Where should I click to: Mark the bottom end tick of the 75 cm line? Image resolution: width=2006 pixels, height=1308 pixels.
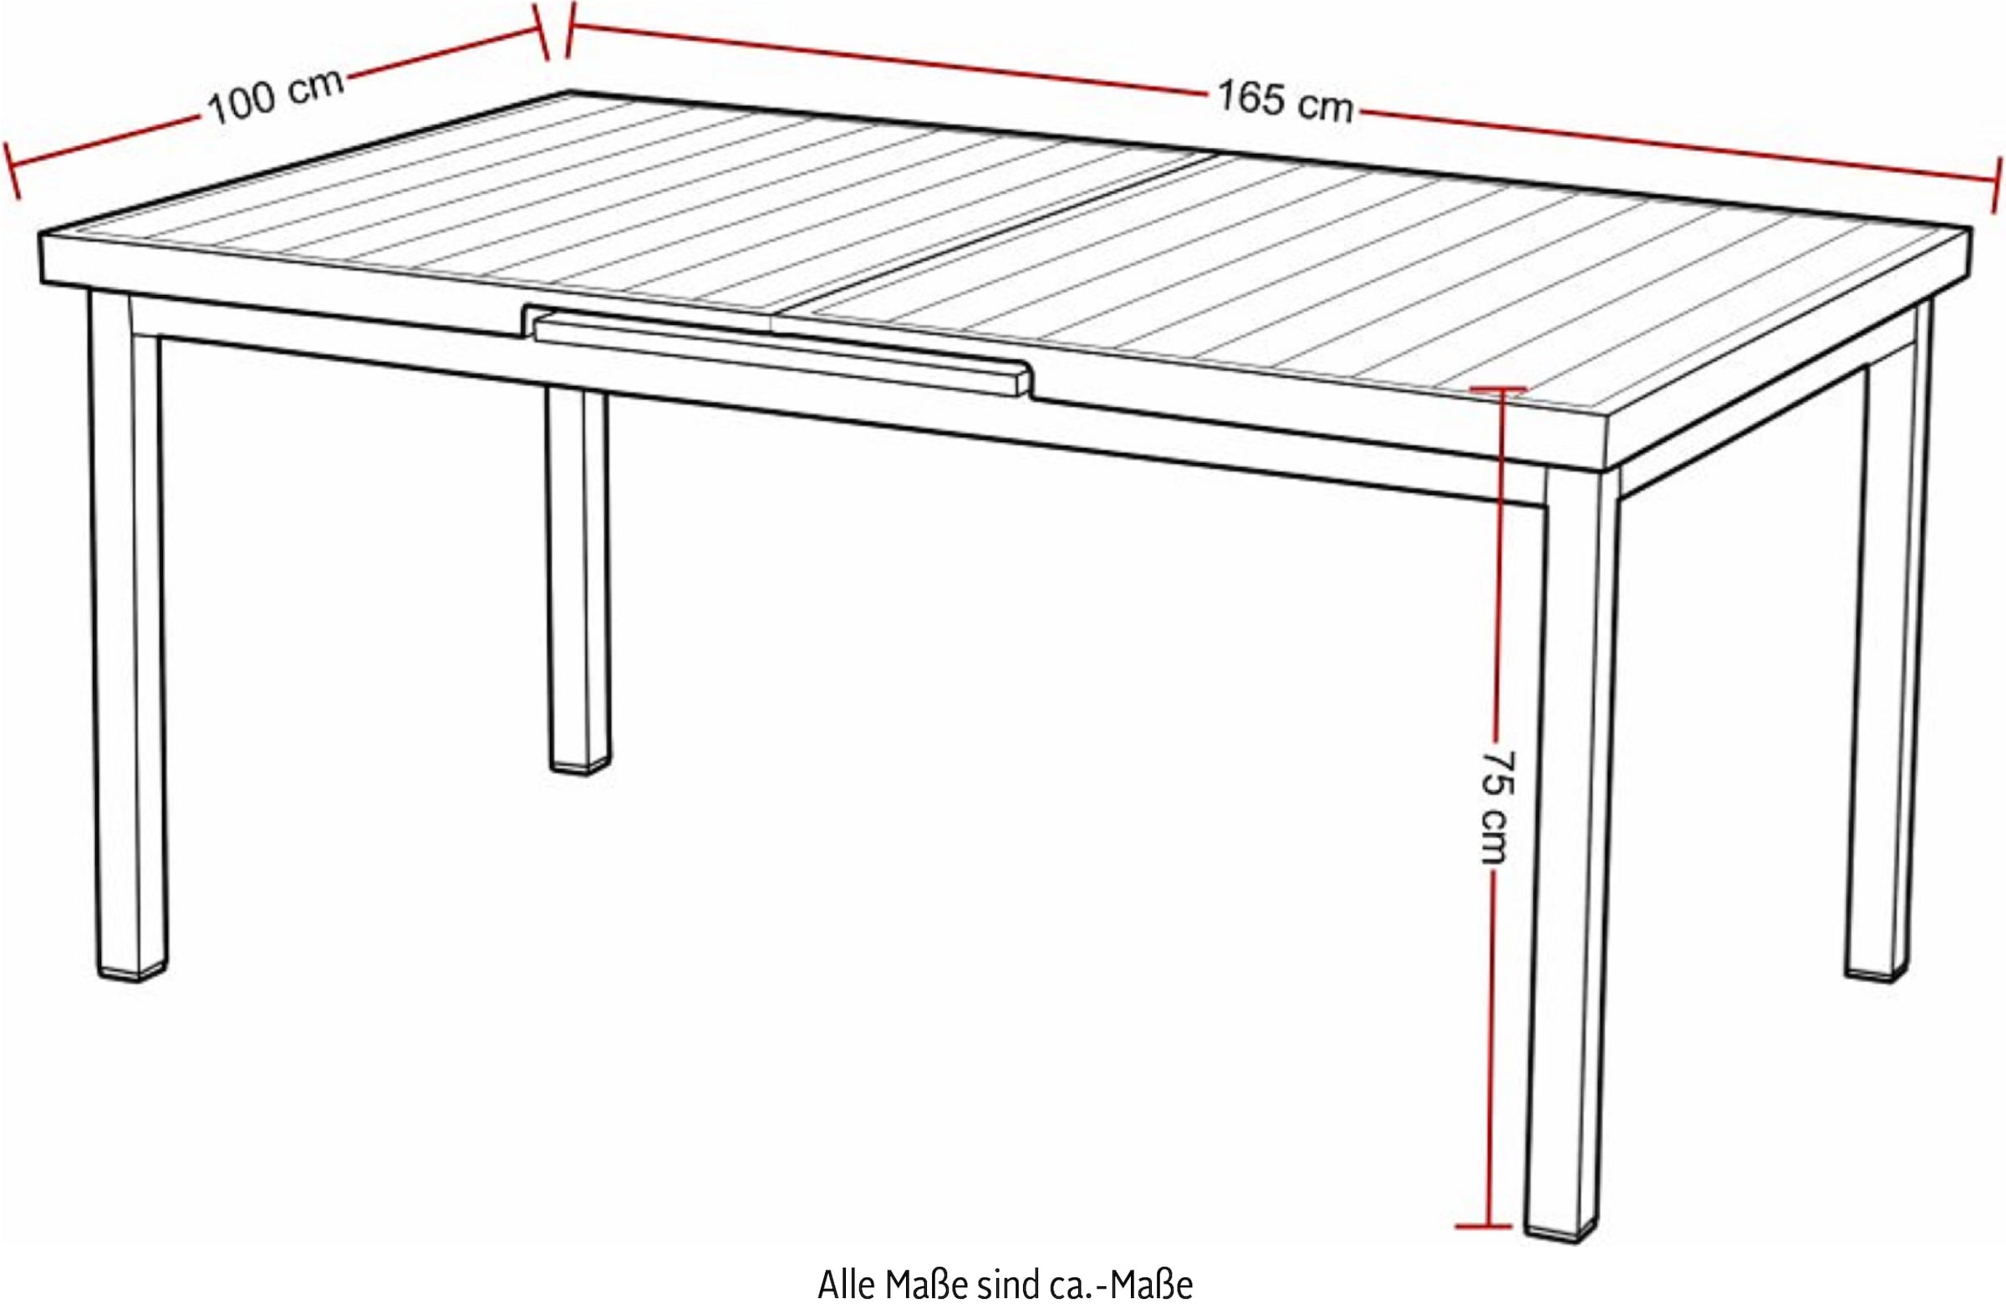[1484, 1249]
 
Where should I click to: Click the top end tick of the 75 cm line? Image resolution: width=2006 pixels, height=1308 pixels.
[1498, 389]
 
